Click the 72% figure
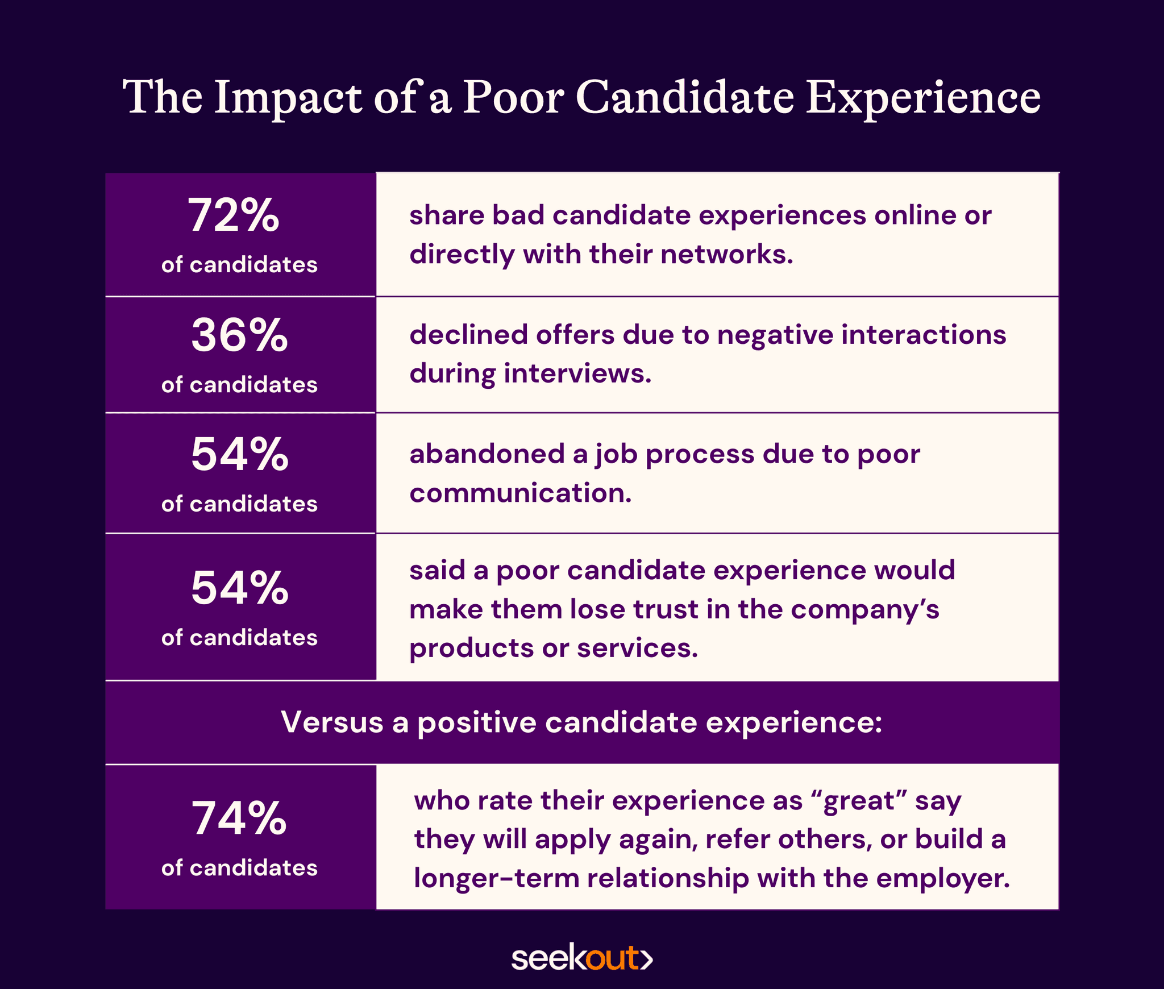(x=234, y=216)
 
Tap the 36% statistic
(x=239, y=335)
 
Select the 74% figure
(x=239, y=818)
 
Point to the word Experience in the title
(x=923, y=98)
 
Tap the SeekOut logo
(x=581, y=958)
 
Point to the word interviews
(x=577, y=373)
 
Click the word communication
(x=520, y=493)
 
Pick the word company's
(x=864, y=610)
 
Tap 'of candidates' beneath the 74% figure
(x=239, y=868)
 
